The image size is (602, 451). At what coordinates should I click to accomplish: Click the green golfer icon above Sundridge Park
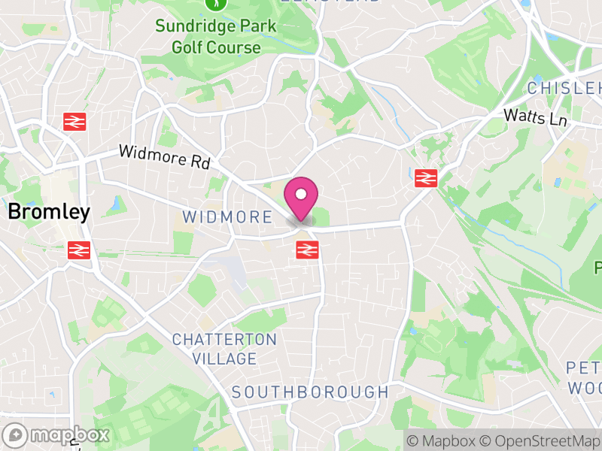(216, 4)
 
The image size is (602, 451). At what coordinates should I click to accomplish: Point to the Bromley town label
(49, 213)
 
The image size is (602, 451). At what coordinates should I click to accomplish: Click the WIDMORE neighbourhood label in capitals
(227, 218)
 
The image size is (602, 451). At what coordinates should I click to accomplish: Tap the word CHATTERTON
(224, 340)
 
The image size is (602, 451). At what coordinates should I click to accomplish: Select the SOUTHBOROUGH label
(309, 392)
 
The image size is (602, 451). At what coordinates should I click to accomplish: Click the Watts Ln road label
(534, 117)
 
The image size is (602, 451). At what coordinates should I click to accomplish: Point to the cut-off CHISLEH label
(564, 89)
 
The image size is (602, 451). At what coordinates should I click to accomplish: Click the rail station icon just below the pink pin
(306, 250)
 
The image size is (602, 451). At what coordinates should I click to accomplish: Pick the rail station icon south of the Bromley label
(79, 250)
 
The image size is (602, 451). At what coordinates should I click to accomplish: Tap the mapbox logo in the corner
(57, 434)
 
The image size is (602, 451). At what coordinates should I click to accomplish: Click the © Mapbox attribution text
(442, 440)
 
